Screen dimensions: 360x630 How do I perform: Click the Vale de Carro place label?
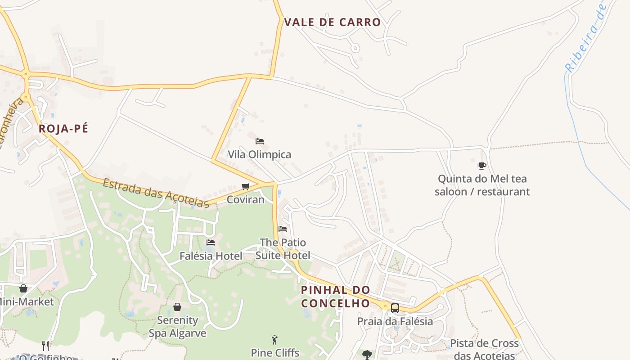coord(333,22)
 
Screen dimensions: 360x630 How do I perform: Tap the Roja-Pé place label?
coord(63,129)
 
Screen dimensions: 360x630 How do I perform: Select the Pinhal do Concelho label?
coord(335,297)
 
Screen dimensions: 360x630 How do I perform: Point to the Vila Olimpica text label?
coord(259,154)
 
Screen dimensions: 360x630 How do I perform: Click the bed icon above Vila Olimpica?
coord(260,141)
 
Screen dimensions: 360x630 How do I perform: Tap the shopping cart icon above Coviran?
coord(246,186)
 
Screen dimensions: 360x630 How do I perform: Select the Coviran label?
coord(245,199)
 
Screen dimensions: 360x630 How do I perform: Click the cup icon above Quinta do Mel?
coord(482,166)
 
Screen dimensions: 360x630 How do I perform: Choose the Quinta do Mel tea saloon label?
coord(482,185)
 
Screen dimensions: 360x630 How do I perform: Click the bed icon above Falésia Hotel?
coord(211,243)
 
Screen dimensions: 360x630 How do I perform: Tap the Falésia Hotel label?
coord(211,256)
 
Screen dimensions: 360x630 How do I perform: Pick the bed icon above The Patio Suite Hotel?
coord(283,229)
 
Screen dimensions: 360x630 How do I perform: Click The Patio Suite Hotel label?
coord(283,249)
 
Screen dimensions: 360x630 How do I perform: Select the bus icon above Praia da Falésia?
coord(395,308)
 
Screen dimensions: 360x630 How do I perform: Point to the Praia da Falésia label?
coord(395,321)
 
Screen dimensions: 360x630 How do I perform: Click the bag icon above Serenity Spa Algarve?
coord(177,307)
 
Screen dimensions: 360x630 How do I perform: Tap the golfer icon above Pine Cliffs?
coord(275,340)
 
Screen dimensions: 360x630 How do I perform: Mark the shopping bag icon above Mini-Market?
coord(23,288)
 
